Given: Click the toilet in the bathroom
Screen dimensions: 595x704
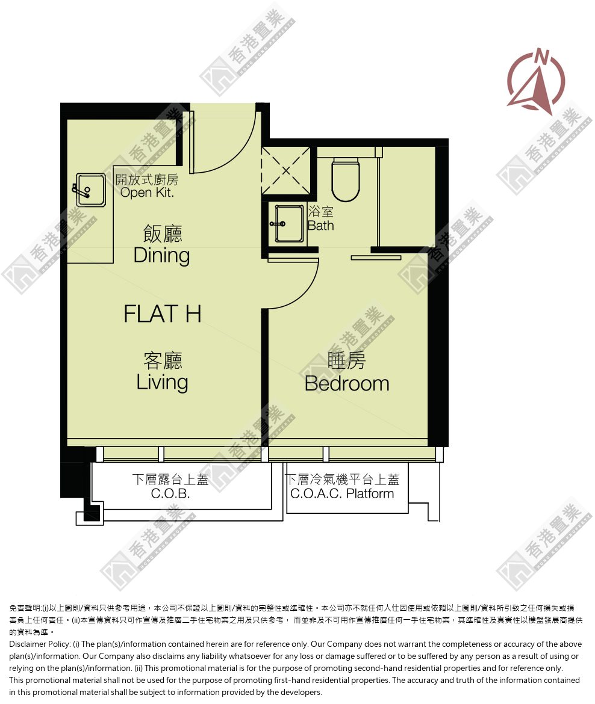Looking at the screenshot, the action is (346, 179).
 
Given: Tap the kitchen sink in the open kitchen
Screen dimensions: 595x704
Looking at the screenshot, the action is (89, 190).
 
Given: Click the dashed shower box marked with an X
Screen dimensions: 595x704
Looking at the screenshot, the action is (286, 171).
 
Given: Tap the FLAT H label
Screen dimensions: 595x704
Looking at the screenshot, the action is (162, 314).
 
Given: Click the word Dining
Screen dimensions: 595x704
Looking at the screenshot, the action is (162, 256).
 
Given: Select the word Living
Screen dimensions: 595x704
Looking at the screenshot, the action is (162, 383).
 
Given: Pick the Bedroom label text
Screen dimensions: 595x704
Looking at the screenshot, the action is (347, 383).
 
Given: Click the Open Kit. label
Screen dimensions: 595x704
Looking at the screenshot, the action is (147, 193).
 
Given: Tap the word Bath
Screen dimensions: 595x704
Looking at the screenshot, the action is (320, 226).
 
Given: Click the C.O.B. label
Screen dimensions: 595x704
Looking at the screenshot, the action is (170, 494).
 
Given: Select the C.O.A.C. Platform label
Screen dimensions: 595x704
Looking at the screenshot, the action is (342, 494).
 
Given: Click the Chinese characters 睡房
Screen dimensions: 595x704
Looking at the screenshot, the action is (346, 360).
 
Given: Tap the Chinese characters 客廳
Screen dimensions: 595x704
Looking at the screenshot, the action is (163, 360).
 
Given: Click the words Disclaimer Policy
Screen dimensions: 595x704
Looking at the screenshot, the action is (40, 644).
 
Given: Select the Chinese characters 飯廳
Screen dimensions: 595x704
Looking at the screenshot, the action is (163, 234).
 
